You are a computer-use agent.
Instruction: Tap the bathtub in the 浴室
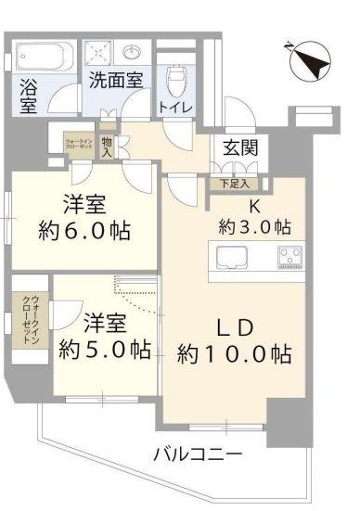[x=44, y=57]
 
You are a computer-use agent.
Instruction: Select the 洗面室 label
[x=115, y=81]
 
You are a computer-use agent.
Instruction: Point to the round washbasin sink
[x=134, y=51]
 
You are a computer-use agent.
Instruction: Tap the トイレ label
[x=175, y=108]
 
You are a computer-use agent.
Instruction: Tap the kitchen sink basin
[x=232, y=255]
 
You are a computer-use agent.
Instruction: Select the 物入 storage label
[x=108, y=145]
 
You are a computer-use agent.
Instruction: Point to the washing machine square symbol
[x=99, y=52]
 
